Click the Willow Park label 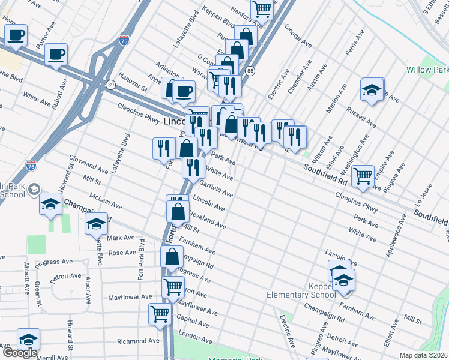427,70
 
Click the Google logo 20,353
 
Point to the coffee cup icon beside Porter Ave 56,55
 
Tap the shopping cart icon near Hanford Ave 262,9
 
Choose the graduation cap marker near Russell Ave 372,90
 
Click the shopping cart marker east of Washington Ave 363,175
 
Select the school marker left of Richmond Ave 28,339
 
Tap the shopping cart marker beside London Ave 160,313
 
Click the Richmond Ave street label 139,341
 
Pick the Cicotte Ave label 298,35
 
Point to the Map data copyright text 423,355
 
